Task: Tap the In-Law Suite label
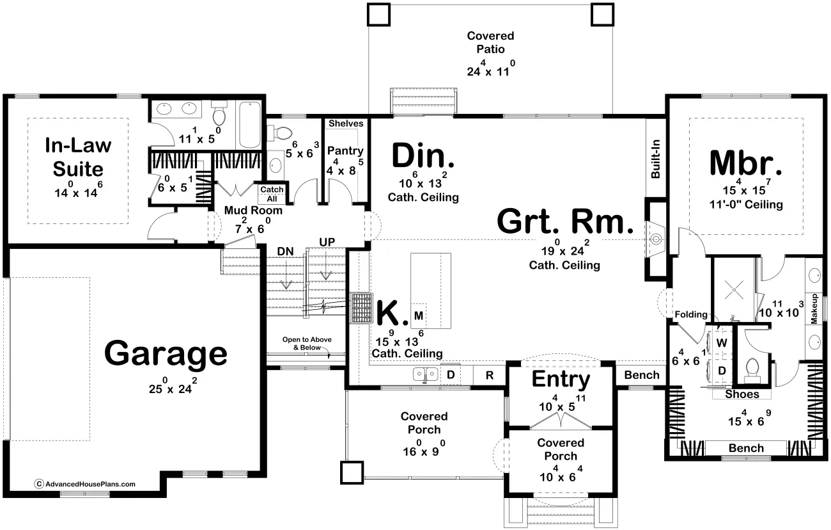[78, 157]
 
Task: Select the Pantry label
[345, 150]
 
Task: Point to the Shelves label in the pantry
[346, 124]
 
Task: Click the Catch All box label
[272, 194]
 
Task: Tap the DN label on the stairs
[285, 252]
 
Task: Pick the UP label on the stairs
[327, 242]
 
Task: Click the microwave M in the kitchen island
[419, 316]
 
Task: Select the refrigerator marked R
[489, 376]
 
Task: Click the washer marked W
[721, 342]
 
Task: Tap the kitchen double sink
[426, 374]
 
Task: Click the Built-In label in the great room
[655, 159]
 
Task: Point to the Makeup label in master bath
[814, 309]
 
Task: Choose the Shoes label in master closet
[742, 394]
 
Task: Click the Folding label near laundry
[691, 314]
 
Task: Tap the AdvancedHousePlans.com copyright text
[85, 484]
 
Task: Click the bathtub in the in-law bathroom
[250, 125]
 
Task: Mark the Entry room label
[561, 380]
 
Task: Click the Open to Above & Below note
[307, 344]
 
